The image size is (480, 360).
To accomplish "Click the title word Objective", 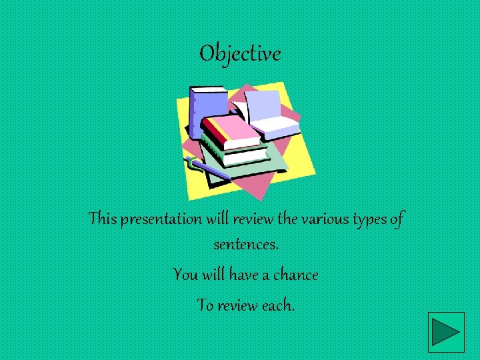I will (240, 53).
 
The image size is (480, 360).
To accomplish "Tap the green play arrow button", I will (446, 331).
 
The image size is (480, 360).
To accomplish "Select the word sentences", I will (245, 245).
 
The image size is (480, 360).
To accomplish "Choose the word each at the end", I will (279, 305).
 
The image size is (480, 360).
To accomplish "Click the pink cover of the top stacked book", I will (231, 131).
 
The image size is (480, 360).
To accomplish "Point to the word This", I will (103, 219).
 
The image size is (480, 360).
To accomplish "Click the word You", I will (185, 274).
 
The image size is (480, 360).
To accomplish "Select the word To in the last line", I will (205, 305).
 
